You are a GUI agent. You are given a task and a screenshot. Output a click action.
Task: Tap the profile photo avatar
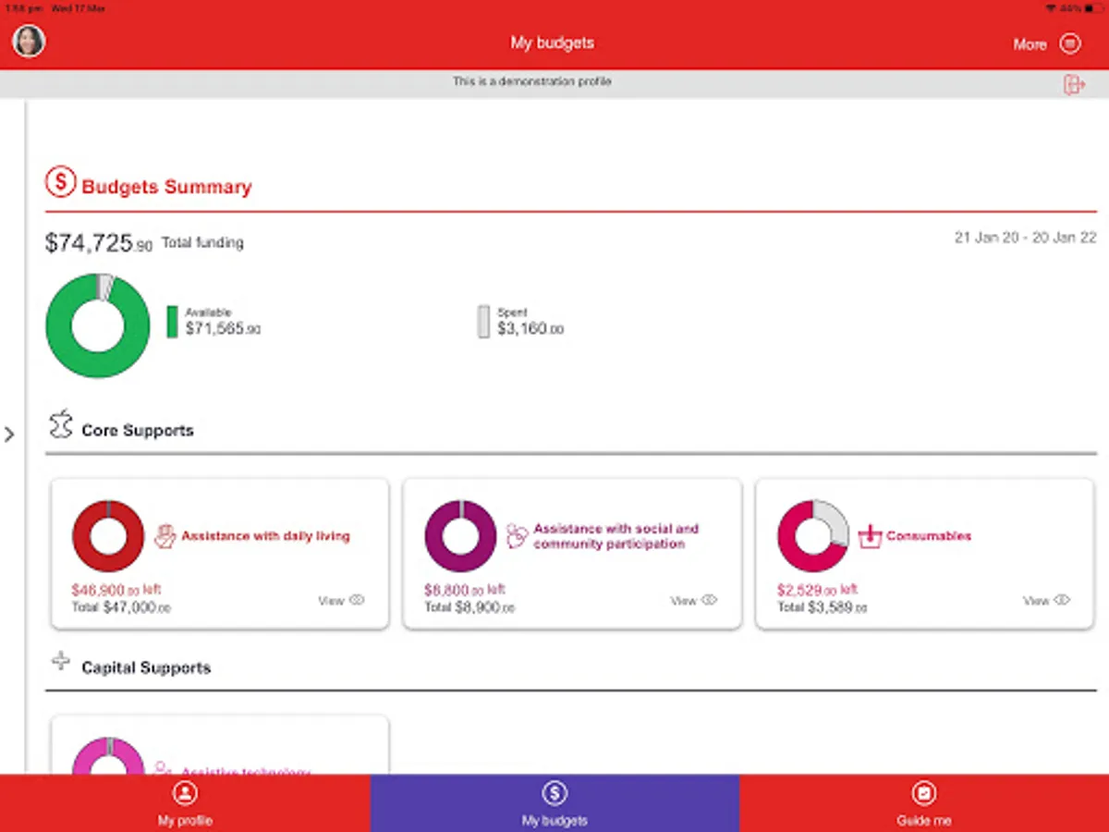click(29, 41)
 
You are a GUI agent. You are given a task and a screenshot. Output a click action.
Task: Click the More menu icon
click(1070, 43)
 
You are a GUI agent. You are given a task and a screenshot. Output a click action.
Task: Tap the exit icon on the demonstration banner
click(1074, 84)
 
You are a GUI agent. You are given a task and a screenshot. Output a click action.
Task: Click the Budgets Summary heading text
click(166, 187)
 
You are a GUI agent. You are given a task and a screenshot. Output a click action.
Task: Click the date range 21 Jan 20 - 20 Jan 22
click(1025, 238)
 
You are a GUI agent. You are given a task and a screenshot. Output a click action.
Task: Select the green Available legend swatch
click(172, 322)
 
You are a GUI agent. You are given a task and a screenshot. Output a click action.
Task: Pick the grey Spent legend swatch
click(483, 322)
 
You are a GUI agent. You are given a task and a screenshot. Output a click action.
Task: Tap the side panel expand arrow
click(10, 434)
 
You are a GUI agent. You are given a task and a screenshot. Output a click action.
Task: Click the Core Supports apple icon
click(61, 425)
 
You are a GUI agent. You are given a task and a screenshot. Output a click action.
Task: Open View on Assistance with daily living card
click(341, 600)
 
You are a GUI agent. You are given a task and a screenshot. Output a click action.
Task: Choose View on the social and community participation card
click(693, 600)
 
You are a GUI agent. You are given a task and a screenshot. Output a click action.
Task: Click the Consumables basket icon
click(870, 536)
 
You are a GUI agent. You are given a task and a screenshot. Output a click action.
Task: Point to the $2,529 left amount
click(817, 590)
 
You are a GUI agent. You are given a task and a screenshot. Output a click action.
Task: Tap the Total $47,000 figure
click(121, 607)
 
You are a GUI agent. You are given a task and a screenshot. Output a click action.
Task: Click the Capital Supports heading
click(146, 667)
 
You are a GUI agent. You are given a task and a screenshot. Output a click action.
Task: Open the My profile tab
click(185, 803)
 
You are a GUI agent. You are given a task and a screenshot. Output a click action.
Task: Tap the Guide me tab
click(923, 803)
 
